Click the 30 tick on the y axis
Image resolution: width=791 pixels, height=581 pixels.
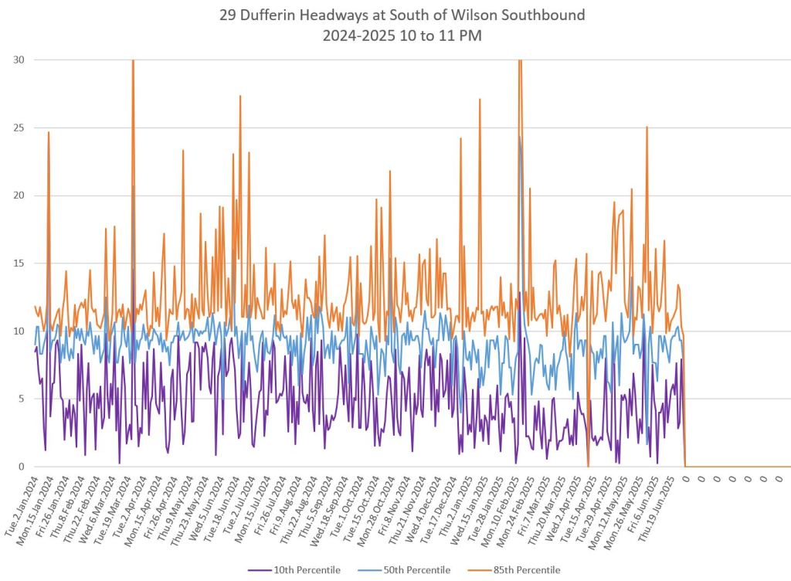[18, 59]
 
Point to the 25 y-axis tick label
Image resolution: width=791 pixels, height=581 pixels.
[18, 127]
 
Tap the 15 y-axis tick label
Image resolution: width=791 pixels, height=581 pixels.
[18, 263]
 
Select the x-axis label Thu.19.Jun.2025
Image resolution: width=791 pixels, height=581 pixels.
[663, 506]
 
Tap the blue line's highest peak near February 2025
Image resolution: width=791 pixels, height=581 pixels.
[520, 139]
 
